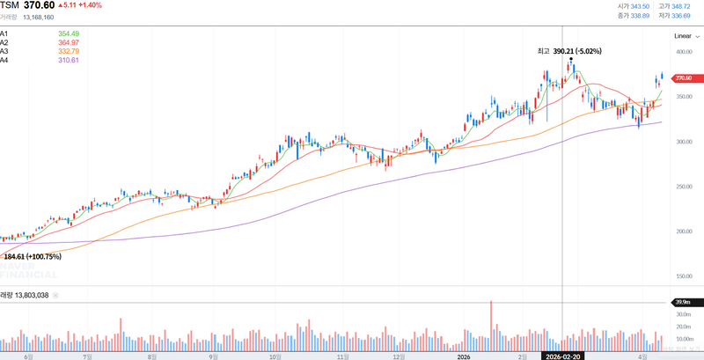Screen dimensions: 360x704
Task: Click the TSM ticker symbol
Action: (x=10, y=5)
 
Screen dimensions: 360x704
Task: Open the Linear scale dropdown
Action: (x=684, y=36)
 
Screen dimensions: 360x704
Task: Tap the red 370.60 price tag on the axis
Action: (x=683, y=78)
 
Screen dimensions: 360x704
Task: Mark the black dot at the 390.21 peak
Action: (x=571, y=59)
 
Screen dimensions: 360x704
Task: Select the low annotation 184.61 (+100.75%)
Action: (x=32, y=256)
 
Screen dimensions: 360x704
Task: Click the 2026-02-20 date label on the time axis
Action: (x=562, y=356)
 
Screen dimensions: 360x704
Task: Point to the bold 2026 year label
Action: (x=464, y=356)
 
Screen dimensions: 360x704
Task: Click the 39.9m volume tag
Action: (x=683, y=303)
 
